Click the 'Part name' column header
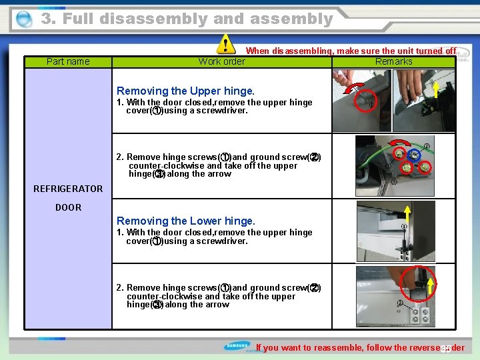pos(68,61)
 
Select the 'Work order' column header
pos(222,61)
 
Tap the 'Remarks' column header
pos(393,61)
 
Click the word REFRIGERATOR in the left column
pos(68,189)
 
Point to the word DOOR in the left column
pos(68,207)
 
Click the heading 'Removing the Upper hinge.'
pos(185,91)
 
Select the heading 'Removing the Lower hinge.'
pos(185,221)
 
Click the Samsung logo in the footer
pos(238,347)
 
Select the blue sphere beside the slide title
pos(24,20)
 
